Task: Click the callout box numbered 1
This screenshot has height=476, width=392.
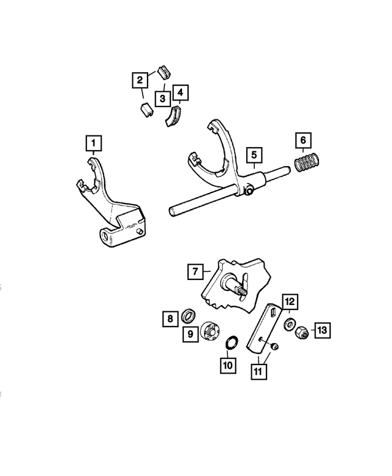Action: pyautogui.click(x=94, y=143)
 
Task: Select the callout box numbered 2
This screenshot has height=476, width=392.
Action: pyautogui.click(x=140, y=79)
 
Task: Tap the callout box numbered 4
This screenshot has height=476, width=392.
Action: pyautogui.click(x=180, y=93)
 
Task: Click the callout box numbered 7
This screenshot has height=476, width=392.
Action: pyautogui.click(x=195, y=271)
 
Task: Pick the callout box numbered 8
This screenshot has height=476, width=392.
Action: pyautogui.click(x=170, y=319)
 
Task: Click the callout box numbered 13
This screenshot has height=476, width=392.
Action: pyautogui.click(x=322, y=330)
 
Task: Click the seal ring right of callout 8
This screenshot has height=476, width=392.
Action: pyautogui.click(x=190, y=317)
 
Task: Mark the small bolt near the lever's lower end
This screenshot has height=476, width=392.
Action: pyautogui.click(x=274, y=347)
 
